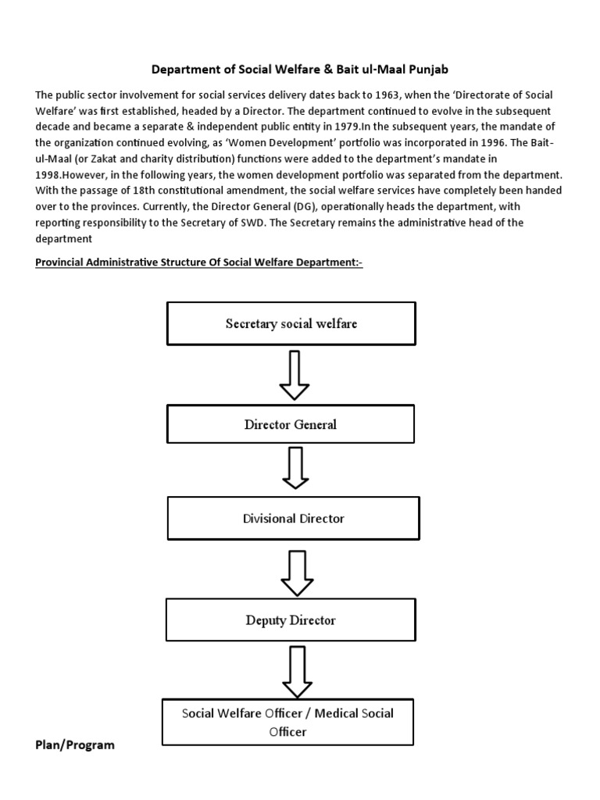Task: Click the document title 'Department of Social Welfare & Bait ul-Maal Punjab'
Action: (300, 69)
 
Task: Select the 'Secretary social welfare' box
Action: (291, 323)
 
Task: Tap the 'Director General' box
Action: (291, 424)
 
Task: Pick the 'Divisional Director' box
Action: (293, 518)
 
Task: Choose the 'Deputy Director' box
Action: (291, 620)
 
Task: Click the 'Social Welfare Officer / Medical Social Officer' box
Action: (287, 722)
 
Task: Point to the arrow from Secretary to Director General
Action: (294, 374)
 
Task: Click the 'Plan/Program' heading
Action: (75, 745)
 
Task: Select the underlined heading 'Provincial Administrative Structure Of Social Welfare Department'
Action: (199, 262)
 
